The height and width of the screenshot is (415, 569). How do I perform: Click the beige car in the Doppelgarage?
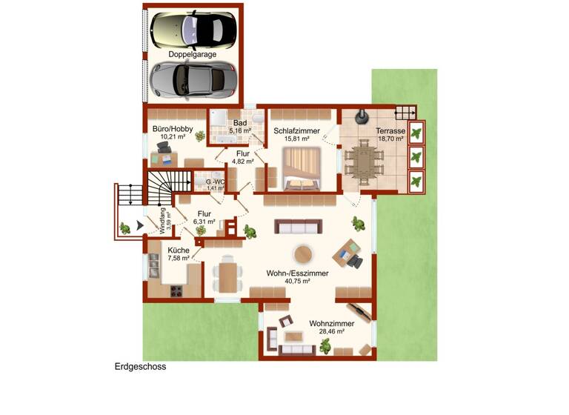click(x=193, y=29)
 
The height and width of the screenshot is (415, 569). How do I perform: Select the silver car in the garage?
click(x=192, y=79)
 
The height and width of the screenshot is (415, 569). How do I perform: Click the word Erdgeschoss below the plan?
click(x=140, y=366)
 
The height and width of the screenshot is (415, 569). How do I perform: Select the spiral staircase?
click(x=161, y=186)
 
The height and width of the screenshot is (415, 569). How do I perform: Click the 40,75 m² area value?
click(x=297, y=282)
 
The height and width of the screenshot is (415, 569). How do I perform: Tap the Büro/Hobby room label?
click(x=173, y=129)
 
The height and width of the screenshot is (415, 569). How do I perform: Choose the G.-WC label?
click(x=215, y=182)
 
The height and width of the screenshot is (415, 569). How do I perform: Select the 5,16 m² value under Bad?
click(x=240, y=131)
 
